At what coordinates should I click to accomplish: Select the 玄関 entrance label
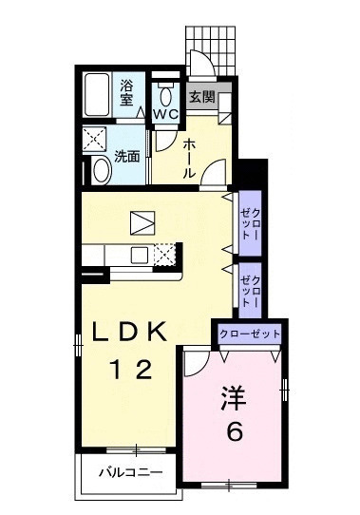199,96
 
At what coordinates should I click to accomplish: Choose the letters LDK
130,332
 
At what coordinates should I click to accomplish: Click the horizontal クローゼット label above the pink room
250,334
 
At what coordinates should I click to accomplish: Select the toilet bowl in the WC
166,94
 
